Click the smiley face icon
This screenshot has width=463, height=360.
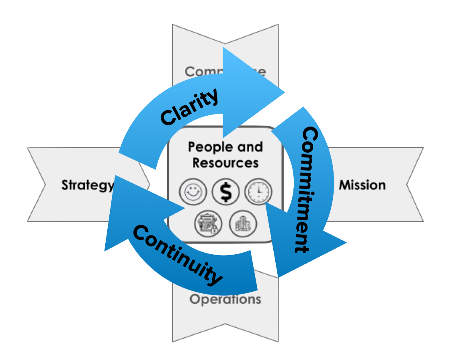click(193, 192)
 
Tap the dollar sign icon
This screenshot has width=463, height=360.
click(226, 192)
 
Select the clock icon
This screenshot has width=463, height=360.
click(258, 192)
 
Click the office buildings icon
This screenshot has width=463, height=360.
click(243, 224)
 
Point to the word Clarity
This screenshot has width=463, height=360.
click(189, 106)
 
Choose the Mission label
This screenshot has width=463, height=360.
click(362, 185)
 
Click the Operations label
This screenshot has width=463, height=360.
click(225, 299)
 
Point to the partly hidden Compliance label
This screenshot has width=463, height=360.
click(225, 71)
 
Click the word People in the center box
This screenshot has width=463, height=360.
click(208, 147)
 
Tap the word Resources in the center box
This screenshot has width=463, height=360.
click(225, 162)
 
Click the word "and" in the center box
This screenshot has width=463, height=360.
click(250, 147)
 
